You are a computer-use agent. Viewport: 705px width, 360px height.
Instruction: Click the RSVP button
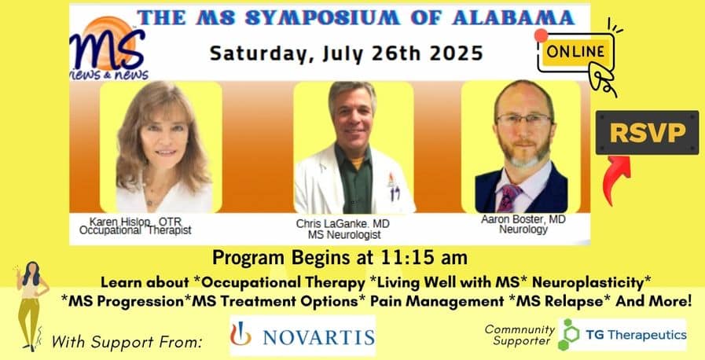point(647,133)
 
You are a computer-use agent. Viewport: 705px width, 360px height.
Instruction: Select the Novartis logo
point(302,336)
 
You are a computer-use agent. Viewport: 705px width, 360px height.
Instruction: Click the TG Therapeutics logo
point(622,334)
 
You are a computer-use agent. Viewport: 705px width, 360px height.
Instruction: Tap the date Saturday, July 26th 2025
point(346,53)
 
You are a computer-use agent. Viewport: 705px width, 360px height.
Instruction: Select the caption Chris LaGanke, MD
point(343,224)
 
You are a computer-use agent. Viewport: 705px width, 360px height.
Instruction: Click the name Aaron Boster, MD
point(523,219)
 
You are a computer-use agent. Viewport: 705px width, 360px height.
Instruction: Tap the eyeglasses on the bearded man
point(523,119)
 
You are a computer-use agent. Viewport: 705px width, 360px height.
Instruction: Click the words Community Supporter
point(520,336)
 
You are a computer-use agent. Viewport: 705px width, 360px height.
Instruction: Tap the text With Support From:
point(127,343)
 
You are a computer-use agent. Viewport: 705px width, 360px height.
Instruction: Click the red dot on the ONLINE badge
point(541,35)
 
